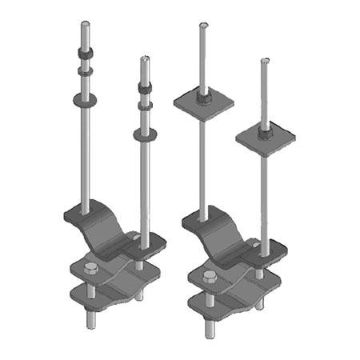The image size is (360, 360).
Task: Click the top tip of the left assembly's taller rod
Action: point(86,24)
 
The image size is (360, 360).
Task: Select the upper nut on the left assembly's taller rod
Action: point(86,55)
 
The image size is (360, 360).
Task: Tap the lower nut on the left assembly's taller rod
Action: point(86,72)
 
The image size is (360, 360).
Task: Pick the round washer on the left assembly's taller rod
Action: point(86,99)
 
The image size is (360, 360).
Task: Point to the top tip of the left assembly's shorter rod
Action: point(145,58)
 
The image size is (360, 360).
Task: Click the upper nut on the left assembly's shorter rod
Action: point(145,87)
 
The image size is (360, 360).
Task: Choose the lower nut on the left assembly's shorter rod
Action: point(145,104)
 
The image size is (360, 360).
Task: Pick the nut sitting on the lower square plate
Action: point(262,129)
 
